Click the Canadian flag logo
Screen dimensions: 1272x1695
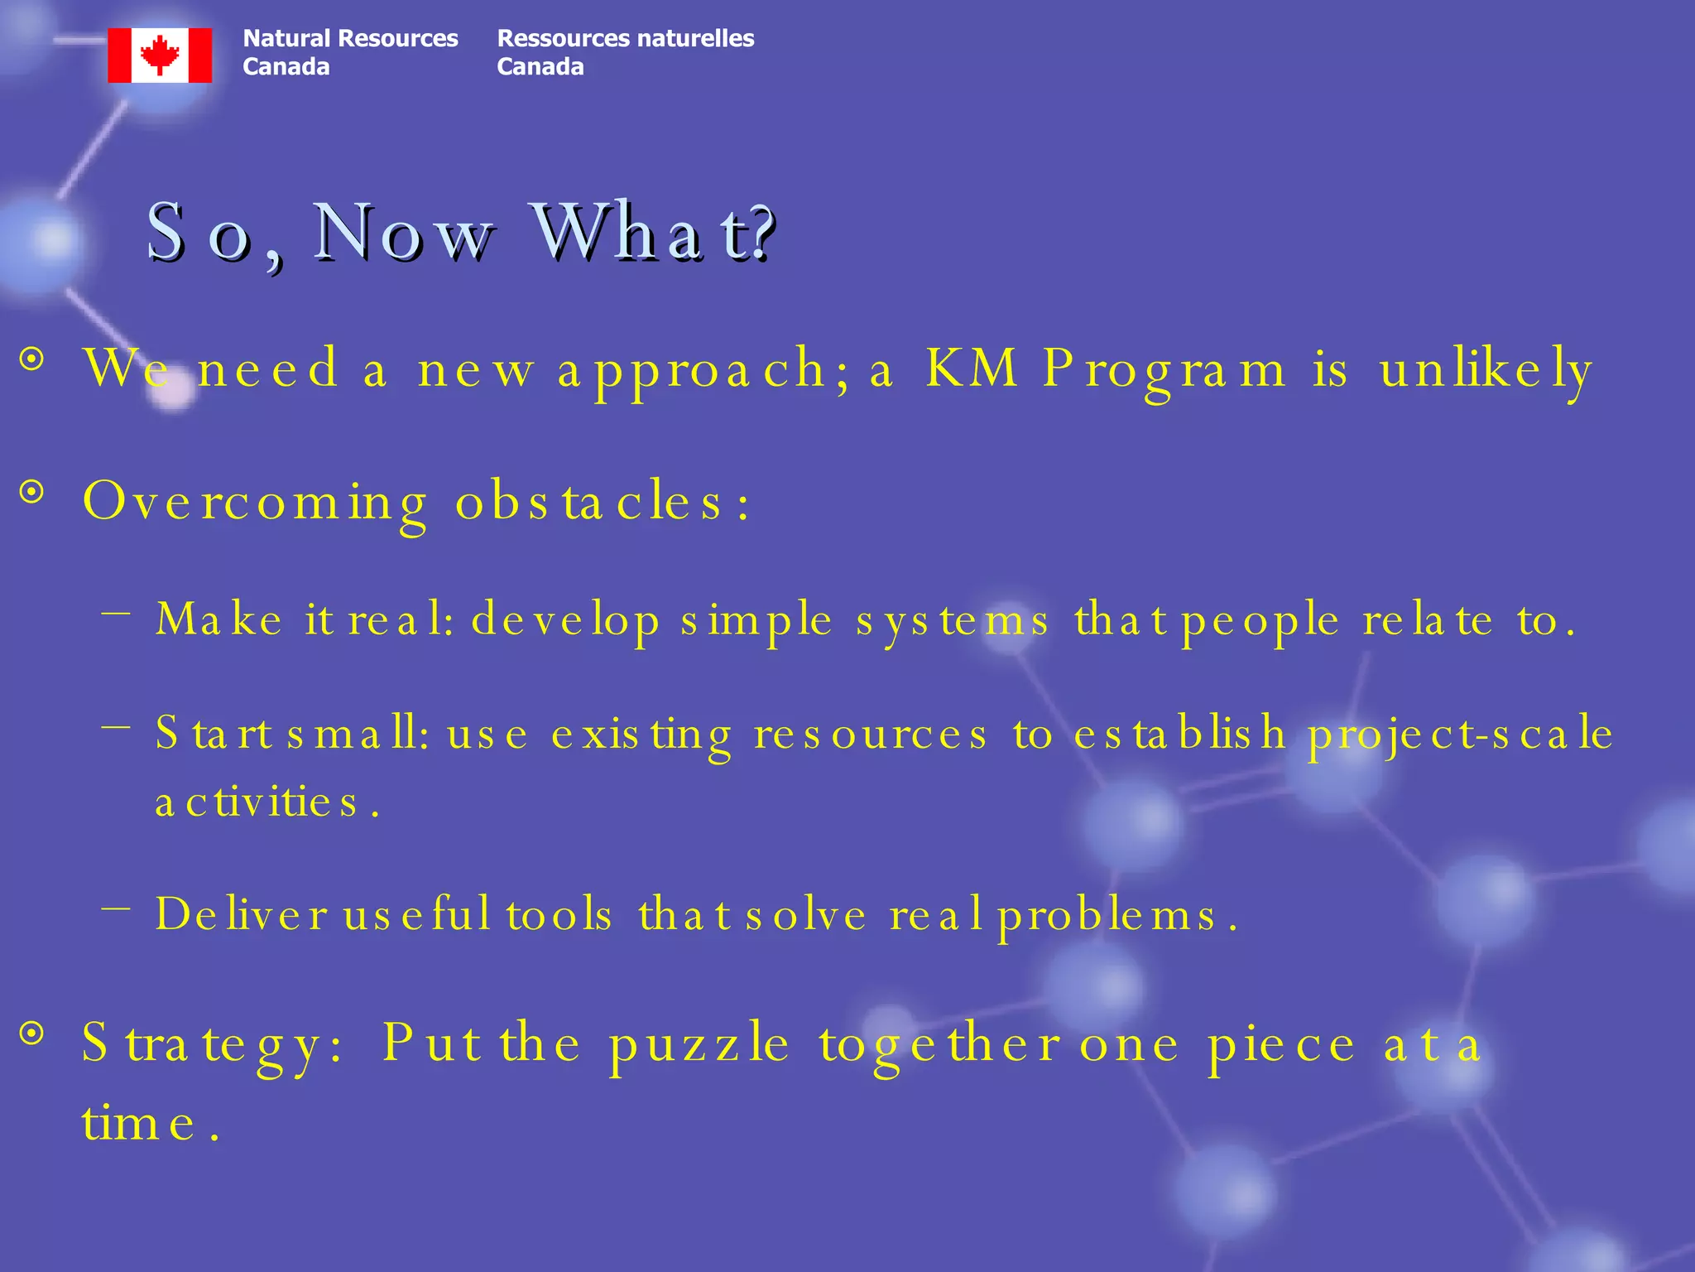coord(160,55)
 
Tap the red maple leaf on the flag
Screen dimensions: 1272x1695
coord(160,55)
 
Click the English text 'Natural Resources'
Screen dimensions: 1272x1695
coord(350,38)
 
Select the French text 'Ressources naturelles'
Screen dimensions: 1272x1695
coord(625,38)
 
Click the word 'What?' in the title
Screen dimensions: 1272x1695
coord(653,233)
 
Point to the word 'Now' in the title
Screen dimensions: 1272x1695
coord(403,233)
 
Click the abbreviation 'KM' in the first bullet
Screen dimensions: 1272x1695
coord(971,368)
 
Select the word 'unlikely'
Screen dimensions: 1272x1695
coord(1486,369)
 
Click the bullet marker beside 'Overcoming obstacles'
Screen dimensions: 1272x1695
coord(32,493)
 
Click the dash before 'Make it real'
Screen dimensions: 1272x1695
coord(117,614)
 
